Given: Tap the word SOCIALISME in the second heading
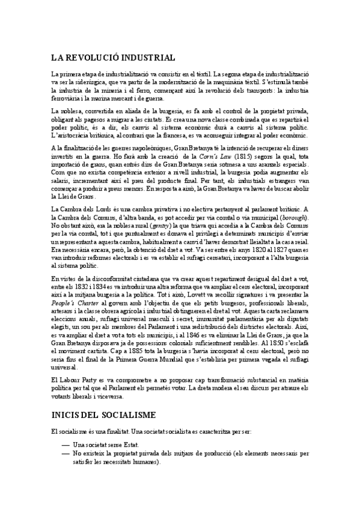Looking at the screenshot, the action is tap(128, 415).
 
